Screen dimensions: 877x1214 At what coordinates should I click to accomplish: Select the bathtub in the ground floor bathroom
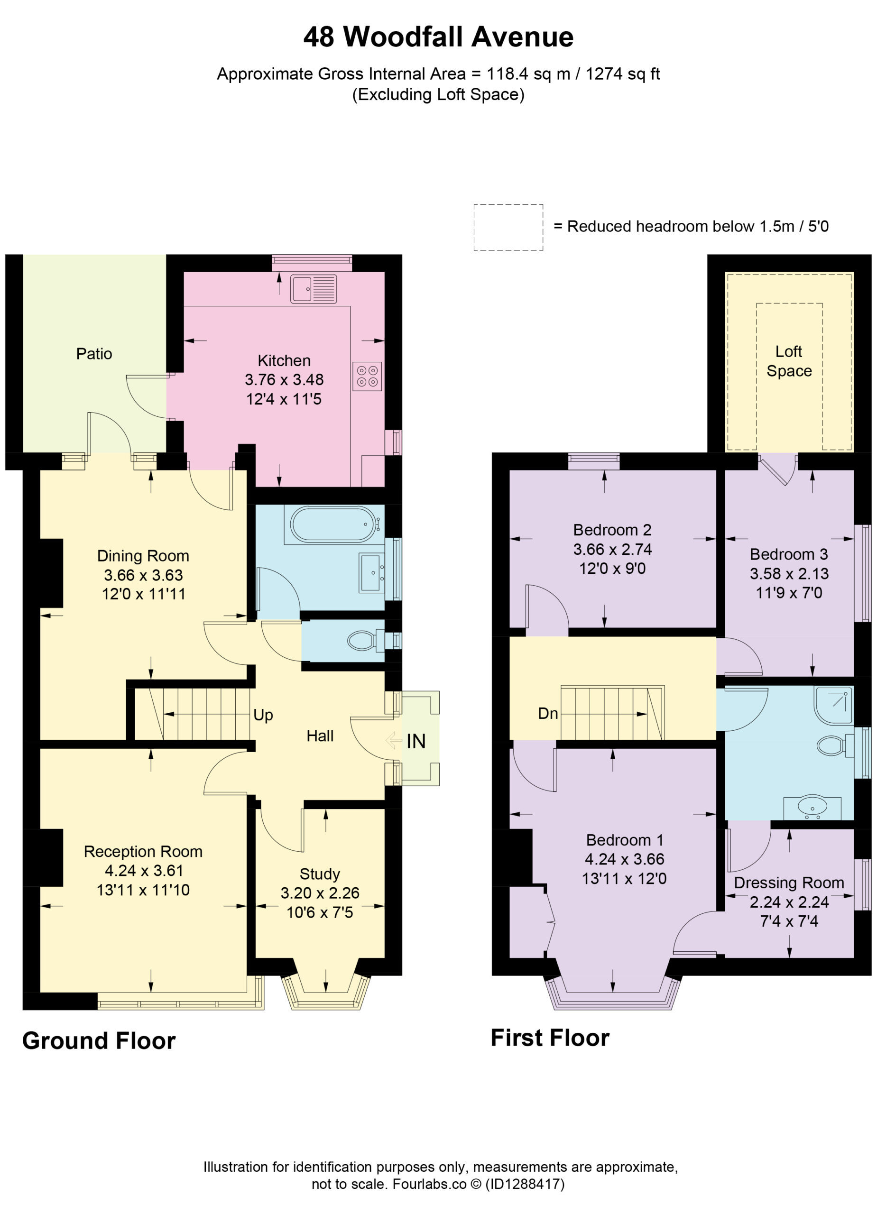pyautogui.click(x=333, y=523)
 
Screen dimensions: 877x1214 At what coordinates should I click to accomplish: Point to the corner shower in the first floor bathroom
pyautogui.click(x=832, y=705)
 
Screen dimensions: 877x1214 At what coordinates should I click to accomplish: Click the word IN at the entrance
pyautogui.click(x=416, y=741)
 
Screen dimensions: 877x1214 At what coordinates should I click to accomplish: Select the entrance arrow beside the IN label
pyautogui.click(x=394, y=740)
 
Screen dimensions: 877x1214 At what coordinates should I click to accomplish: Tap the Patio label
pyautogui.click(x=94, y=354)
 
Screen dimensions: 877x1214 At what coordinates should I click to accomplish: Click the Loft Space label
pyautogui.click(x=789, y=361)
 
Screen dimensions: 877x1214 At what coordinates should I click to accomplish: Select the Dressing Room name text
pyautogui.click(x=789, y=883)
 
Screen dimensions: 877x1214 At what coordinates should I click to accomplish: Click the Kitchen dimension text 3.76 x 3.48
pyautogui.click(x=284, y=379)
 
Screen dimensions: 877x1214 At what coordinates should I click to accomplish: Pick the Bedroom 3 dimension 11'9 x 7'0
pyautogui.click(x=789, y=593)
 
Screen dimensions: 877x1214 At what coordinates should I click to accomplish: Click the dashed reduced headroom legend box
pyautogui.click(x=508, y=227)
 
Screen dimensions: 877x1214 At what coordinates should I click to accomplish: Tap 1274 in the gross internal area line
pyautogui.click(x=603, y=74)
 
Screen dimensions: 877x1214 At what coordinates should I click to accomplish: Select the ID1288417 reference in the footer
pyautogui.click(x=525, y=1184)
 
